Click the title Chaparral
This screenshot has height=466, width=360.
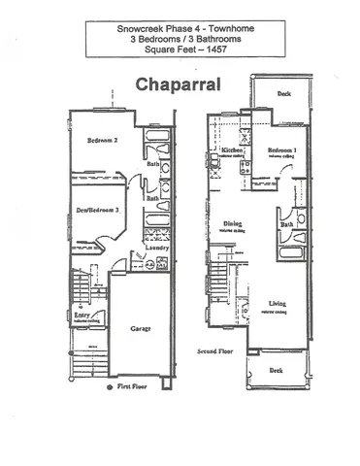click(x=179, y=85)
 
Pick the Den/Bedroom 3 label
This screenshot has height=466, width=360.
click(x=97, y=210)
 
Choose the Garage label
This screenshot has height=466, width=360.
click(x=142, y=330)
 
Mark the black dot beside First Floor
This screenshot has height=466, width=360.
click(x=109, y=386)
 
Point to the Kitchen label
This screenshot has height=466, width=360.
click(x=232, y=151)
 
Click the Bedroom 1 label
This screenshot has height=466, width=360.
click(x=283, y=151)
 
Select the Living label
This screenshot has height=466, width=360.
click(x=278, y=305)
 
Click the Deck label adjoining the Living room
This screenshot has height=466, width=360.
click(x=277, y=371)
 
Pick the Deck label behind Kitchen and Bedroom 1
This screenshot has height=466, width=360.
click(x=283, y=95)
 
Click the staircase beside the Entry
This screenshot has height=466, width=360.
click(x=80, y=287)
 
